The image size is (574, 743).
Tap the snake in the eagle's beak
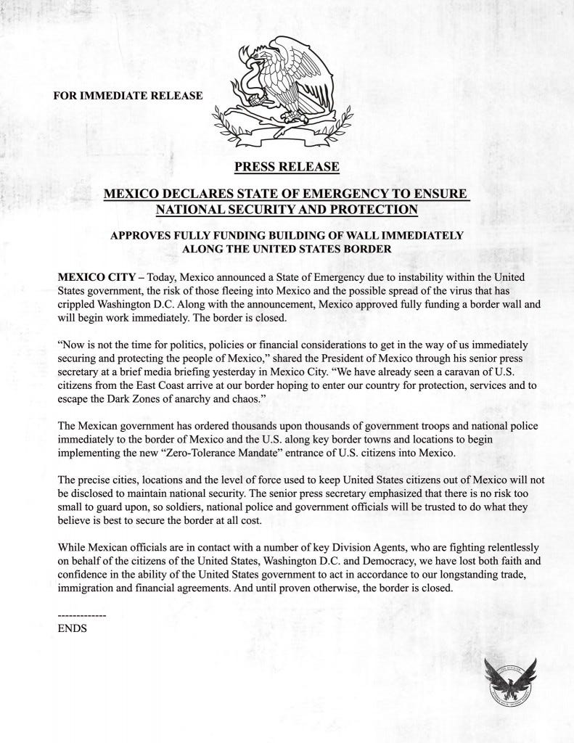(x=254, y=69)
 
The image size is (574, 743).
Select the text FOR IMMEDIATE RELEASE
(x=128, y=96)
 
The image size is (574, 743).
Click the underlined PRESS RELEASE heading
(x=287, y=167)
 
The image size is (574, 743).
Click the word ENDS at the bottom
(x=72, y=628)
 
